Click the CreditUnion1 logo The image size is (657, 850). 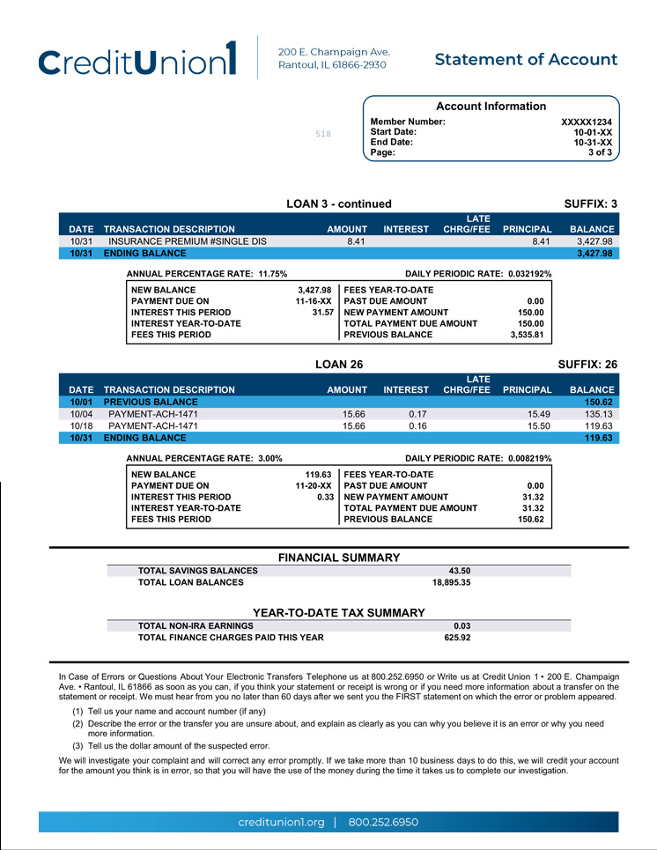point(138,60)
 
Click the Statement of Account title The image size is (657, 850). point(526,60)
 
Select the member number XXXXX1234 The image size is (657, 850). point(586,122)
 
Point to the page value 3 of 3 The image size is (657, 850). point(600,152)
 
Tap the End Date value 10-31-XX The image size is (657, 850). point(592,143)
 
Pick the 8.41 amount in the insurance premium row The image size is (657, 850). point(356,241)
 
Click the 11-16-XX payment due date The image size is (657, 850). point(314,301)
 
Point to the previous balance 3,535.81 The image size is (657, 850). point(528,336)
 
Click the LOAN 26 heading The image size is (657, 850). point(339,364)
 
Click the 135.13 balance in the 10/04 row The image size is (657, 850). point(598,414)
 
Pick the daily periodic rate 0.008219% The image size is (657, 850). point(530,459)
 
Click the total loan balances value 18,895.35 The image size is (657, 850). point(451,582)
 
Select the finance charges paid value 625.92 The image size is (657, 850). point(457,638)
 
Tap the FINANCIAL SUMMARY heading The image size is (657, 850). point(339,558)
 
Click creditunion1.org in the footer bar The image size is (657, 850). point(282,823)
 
